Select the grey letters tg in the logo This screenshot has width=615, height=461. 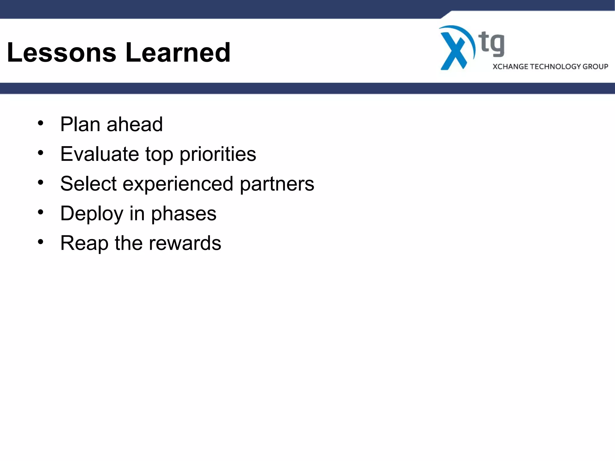[492, 44]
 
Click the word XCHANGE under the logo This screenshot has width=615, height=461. [510, 67]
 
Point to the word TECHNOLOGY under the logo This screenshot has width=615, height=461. [555, 67]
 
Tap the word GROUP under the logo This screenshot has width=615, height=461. [595, 67]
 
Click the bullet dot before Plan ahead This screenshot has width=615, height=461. [41, 123]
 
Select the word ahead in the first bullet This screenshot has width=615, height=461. [135, 124]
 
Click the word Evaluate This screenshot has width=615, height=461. [99, 154]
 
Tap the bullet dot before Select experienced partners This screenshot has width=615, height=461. [41, 182]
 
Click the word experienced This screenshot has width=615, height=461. [178, 184]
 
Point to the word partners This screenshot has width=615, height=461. [277, 184]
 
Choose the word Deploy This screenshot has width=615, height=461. [92, 214]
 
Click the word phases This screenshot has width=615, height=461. [183, 214]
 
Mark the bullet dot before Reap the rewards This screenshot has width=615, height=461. [41, 242]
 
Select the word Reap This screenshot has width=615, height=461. [84, 243]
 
